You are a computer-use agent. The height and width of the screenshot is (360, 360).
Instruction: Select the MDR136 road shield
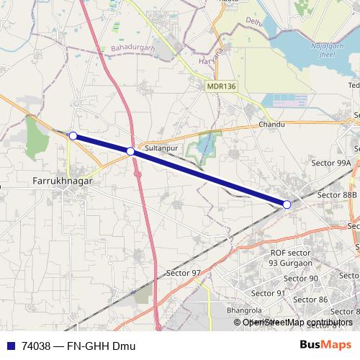[x=220, y=86]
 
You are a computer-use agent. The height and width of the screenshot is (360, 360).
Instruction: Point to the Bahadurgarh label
[x=133, y=48]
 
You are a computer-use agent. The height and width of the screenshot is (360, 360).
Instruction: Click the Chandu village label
[x=271, y=125]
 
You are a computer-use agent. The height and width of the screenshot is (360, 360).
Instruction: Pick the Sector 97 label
[x=184, y=273]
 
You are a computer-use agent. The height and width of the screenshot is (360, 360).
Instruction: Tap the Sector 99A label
[x=331, y=163]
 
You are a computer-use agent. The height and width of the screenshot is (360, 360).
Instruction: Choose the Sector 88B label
[x=337, y=194]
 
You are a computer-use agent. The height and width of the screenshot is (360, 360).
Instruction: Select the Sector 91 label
[x=269, y=293]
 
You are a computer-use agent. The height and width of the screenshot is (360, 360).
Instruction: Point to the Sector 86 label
[x=311, y=299]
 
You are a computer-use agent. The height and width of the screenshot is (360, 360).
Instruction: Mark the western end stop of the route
[x=73, y=135]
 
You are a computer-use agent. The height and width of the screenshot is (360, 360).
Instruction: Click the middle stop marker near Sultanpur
[x=130, y=151]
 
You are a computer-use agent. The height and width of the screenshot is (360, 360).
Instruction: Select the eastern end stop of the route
[x=287, y=205]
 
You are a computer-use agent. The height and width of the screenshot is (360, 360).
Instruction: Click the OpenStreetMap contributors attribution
[x=297, y=322]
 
